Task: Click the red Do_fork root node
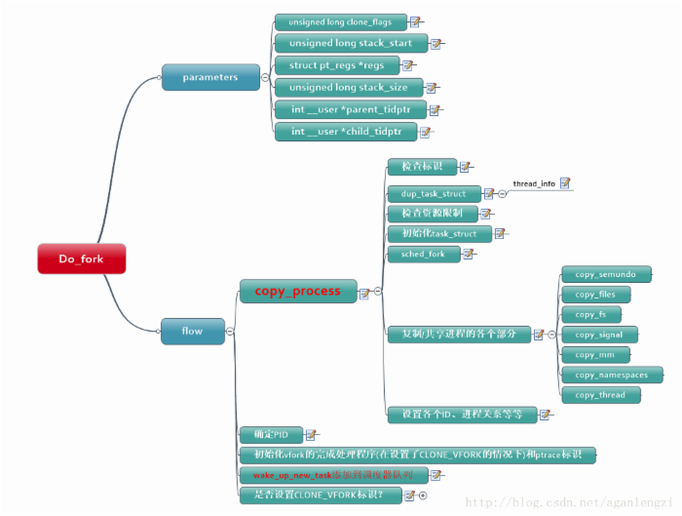pos(82,258)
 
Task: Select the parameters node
pos(209,78)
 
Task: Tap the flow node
pos(193,331)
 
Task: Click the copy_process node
pos(297,291)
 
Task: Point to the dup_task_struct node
pos(434,193)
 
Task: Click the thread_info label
pos(534,183)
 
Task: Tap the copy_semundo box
pos(605,275)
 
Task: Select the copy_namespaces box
pos(612,375)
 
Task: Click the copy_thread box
pos(599,394)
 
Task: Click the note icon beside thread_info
pos(565,182)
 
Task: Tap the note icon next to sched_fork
pos(469,254)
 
